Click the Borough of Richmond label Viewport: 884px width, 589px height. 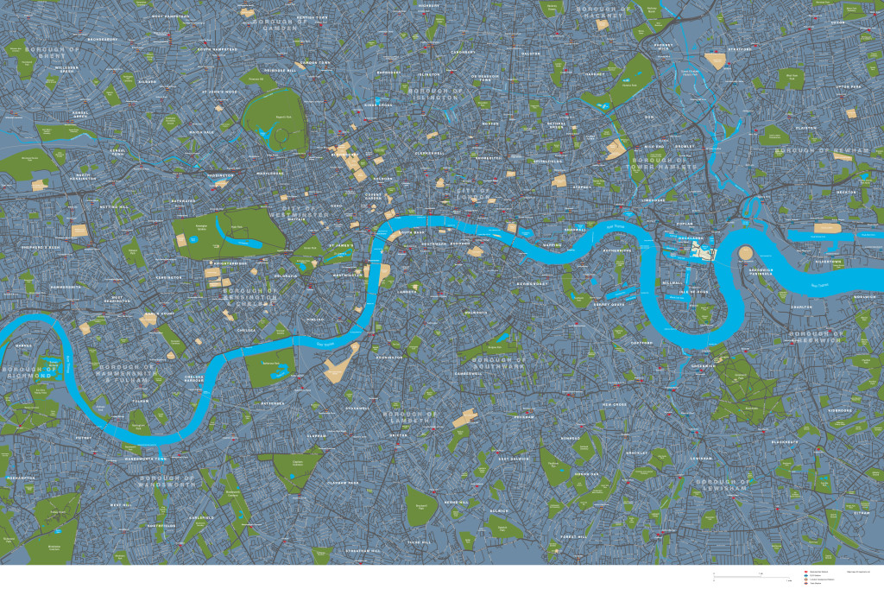pyautogui.click(x=32, y=372)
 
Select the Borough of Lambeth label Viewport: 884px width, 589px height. pyautogui.click(x=411, y=418)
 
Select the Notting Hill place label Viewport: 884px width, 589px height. pyautogui.click(x=113, y=208)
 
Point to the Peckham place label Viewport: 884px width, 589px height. pyautogui.click(x=524, y=417)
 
